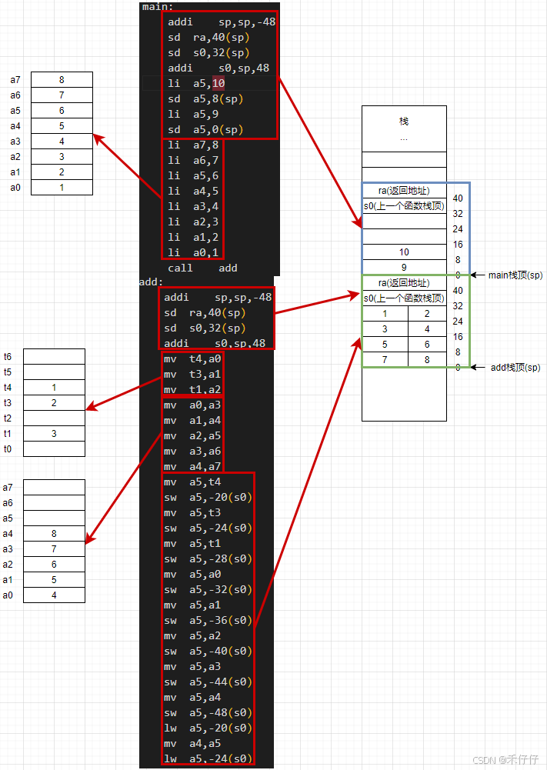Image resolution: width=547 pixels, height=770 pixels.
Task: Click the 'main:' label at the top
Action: [x=158, y=7]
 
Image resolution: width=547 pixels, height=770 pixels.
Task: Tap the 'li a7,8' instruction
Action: [x=193, y=145]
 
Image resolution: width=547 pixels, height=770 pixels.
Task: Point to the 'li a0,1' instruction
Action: [x=193, y=252]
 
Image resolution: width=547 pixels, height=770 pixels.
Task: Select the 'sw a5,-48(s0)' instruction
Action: [x=208, y=712]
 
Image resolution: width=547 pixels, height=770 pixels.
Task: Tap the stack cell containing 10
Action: [x=404, y=252]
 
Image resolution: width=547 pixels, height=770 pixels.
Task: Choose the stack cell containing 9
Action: [x=404, y=268]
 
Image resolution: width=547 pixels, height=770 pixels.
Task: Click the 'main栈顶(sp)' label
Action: [x=515, y=275]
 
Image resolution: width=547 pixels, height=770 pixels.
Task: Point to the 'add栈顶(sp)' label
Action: [x=515, y=368]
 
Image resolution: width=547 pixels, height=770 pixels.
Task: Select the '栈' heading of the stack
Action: [x=404, y=121]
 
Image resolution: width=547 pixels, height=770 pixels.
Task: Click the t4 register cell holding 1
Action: [x=54, y=387]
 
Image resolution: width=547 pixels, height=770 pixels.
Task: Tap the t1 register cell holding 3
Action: [x=54, y=433]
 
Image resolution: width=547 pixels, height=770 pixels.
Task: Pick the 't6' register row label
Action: [x=8, y=356]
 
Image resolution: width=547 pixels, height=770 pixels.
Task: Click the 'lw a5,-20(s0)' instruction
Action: [x=208, y=728]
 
